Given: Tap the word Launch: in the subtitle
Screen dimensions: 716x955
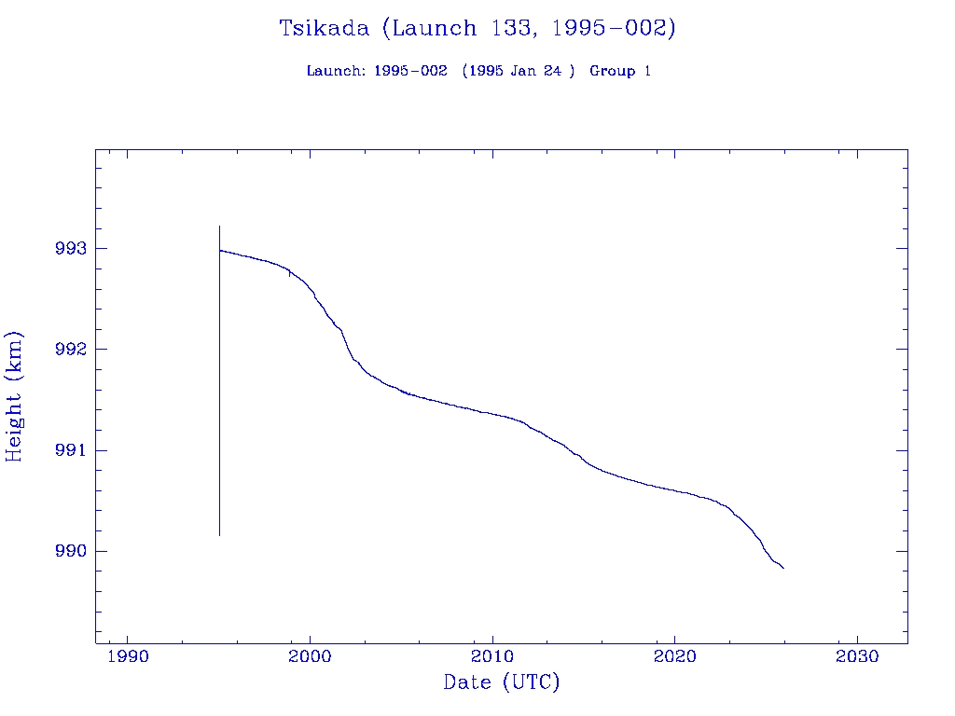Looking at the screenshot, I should coord(336,71).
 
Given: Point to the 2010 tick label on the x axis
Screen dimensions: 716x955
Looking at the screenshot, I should coord(492,657).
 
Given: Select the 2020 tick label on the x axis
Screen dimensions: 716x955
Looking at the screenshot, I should coord(674,657).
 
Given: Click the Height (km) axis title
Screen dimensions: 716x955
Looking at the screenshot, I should coord(14,396).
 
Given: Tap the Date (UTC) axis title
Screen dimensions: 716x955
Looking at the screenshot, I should coord(502,682).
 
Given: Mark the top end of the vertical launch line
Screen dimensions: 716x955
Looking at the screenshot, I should coord(219,226).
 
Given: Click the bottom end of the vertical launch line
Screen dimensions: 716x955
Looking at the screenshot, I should coord(219,535).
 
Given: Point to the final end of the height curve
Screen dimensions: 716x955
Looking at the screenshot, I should coord(783,568).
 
